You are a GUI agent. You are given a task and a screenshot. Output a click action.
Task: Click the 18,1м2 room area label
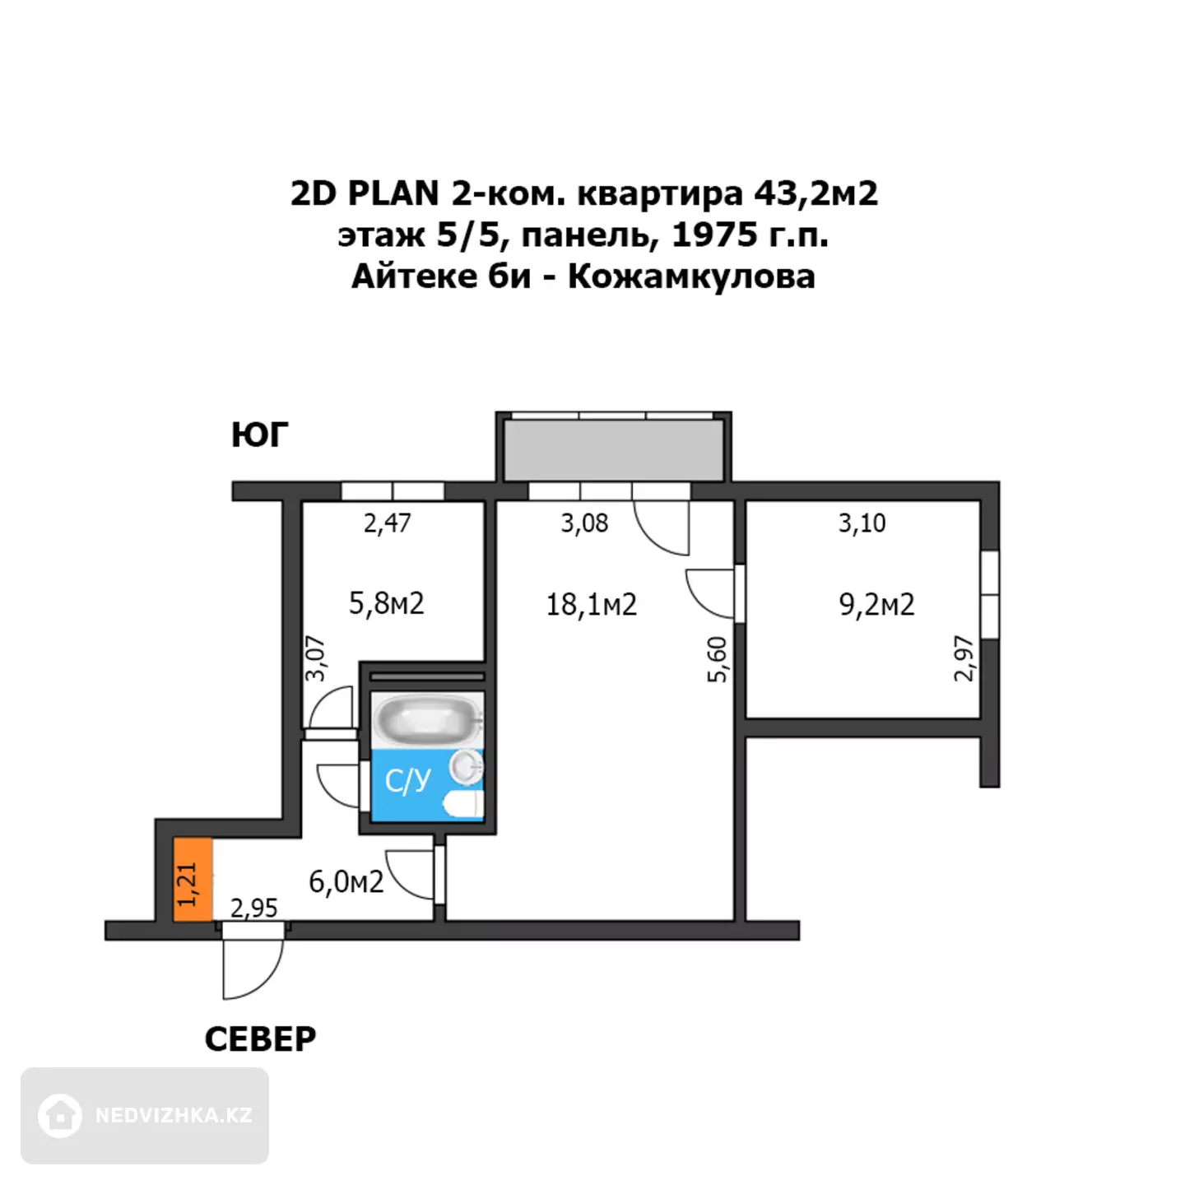pos(591,605)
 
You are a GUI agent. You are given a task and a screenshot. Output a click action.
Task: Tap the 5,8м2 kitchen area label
pos(386,603)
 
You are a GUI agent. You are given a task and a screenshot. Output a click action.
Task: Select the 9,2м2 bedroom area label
pos(876,605)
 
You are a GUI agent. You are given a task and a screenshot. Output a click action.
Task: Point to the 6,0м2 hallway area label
pos(346,882)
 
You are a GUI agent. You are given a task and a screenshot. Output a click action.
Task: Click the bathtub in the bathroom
pos(427,719)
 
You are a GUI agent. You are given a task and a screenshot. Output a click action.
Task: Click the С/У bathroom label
pos(407,781)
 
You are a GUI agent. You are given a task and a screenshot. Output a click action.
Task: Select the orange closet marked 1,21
pos(193,880)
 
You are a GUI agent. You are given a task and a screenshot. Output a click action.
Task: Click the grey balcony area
pos(613,451)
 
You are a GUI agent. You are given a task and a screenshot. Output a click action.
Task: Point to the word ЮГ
pos(259,434)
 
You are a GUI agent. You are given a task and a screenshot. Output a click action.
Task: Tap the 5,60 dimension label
pos(717,659)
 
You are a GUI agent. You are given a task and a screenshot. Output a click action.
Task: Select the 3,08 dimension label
pos(584,523)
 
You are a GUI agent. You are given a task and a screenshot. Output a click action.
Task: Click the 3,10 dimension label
pos(862,523)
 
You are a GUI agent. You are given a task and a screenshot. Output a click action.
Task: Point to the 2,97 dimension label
pos(964,658)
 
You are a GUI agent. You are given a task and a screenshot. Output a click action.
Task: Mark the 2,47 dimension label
pos(387,523)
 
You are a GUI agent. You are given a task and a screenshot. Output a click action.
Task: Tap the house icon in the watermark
pos(59,1116)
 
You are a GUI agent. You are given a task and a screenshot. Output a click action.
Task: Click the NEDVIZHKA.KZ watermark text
pos(174,1116)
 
